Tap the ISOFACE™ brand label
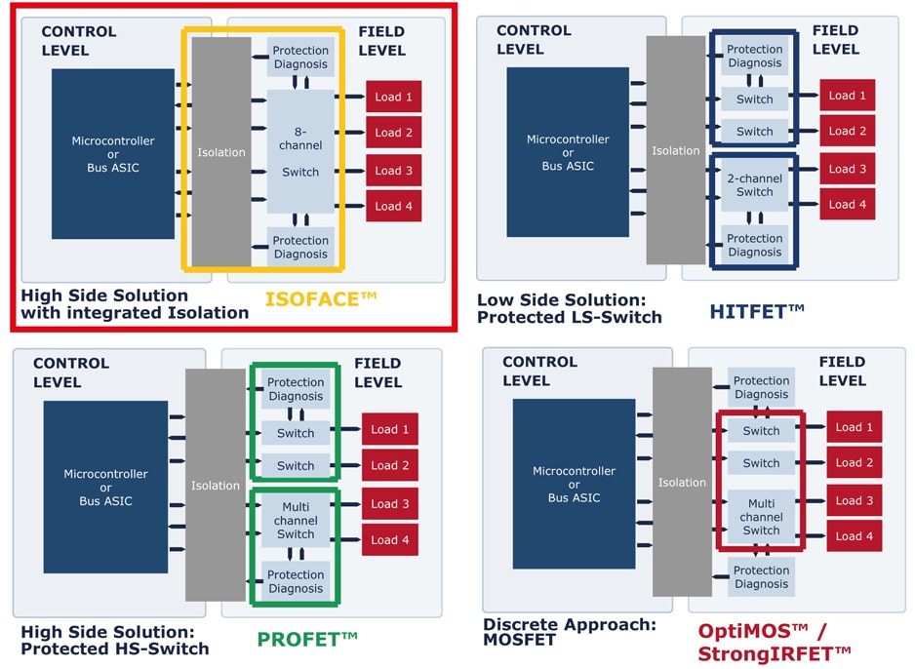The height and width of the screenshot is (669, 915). tap(321, 297)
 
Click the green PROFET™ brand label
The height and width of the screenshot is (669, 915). tap(307, 640)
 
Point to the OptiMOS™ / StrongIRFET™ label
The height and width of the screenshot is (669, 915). tap(776, 642)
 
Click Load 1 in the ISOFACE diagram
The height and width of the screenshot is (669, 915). tap(394, 97)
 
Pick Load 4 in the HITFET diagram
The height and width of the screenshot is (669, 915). tap(848, 204)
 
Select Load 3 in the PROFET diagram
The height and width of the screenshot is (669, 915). tap(390, 504)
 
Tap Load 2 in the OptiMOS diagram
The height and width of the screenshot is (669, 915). tap(855, 462)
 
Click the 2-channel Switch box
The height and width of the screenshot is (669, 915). tap(755, 185)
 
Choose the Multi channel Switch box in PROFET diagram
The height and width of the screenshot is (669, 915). tap(296, 521)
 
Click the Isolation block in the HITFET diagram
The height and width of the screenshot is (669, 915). tap(676, 150)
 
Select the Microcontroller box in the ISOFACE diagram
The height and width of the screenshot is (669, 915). tap(113, 154)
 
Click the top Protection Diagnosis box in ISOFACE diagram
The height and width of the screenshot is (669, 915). tap(300, 58)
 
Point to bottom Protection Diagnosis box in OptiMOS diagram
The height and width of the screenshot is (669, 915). tap(762, 577)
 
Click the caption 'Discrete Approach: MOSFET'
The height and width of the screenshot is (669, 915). tap(570, 632)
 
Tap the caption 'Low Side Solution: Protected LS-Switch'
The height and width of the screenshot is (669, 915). tap(570, 308)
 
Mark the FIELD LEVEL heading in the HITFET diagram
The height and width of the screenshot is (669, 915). tap(835, 39)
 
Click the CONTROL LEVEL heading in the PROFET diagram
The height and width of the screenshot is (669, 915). tap(71, 373)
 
